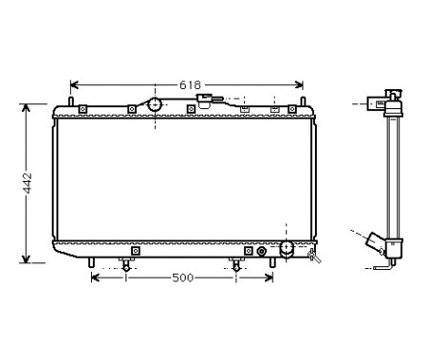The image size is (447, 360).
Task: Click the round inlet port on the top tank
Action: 153,104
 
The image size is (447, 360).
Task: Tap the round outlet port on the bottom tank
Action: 284,249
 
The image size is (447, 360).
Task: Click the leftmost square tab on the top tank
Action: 84,109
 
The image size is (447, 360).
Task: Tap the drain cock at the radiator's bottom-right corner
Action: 311,255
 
